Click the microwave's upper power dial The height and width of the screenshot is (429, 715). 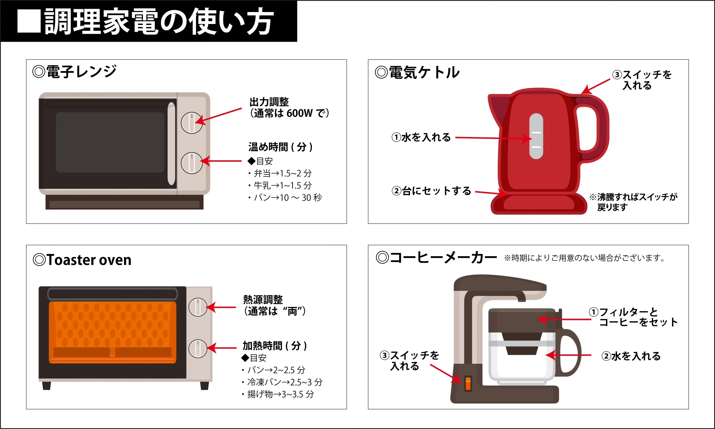click(x=192, y=123)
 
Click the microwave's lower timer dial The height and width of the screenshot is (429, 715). click(x=192, y=163)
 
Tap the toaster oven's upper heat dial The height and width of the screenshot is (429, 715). click(x=198, y=307)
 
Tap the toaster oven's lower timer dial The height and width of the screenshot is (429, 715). click(x=198, y=348)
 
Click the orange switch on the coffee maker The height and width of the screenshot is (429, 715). click(x=468, y=383)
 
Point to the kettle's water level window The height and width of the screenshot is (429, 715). click(x=536, y=136)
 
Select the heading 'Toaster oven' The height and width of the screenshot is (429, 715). click(x=89, y=260)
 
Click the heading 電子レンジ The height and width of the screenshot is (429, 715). click(x=81, y=72)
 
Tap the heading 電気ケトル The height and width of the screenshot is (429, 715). click(x=424, y=72)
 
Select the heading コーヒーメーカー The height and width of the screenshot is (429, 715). click(x=443, y=258)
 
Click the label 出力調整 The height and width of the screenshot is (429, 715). click(x=269, y=102)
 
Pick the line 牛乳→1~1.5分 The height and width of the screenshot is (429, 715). click(x=282, y=185)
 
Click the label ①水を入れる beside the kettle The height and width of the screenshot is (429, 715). click(x=421, y=137)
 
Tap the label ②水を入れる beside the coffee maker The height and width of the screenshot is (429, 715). click(x=631, y=356)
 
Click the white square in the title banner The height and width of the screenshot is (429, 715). click(x=29, y=21)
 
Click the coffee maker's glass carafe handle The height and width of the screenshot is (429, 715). click(x=571, y=353)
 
